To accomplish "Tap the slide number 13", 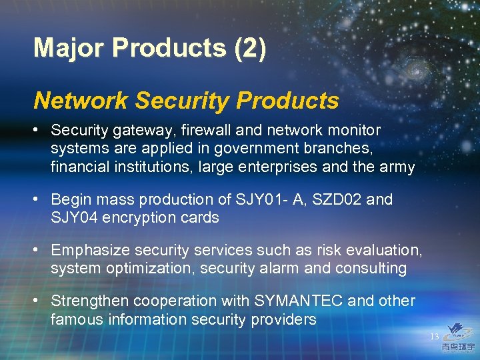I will [434, 337].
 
